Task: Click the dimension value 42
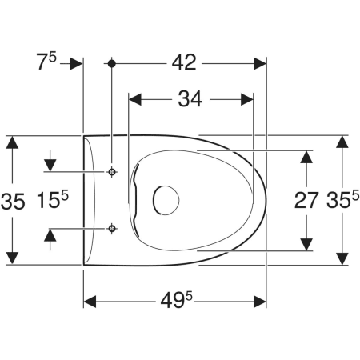184,63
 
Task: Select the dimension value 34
190,99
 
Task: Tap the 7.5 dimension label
46,62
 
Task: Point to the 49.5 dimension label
176,299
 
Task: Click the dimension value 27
306,200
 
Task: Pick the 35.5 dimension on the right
343,199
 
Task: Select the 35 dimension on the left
13,202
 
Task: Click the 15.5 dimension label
53,199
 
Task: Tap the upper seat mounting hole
112,172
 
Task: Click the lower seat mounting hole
112,229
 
